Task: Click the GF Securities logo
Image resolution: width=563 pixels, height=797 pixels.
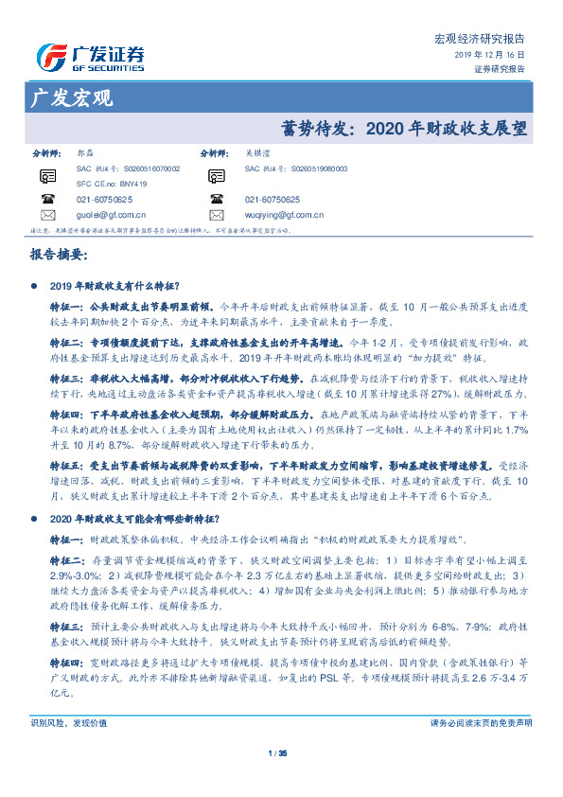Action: click(x=90, y=57)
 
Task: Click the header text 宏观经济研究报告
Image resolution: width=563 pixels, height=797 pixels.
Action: click(x=479, y=39)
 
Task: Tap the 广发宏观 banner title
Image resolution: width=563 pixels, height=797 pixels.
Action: click(x=72, y=97)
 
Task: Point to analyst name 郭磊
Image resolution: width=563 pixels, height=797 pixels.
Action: click(x=84, y=152)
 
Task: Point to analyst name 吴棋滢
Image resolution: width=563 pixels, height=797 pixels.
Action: click(x=256, y=152)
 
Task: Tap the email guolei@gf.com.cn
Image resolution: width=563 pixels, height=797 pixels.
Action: click(x=110, y=215)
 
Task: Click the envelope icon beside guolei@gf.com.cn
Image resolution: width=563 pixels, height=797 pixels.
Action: click(x=46, y=215)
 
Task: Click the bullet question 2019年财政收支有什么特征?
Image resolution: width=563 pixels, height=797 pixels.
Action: click(x=110, y=285)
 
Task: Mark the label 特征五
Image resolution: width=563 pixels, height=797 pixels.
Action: click(x=66, y=466)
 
